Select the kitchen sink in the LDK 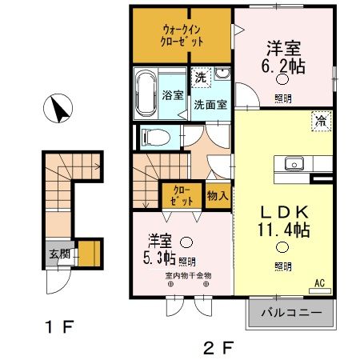coord(294,165)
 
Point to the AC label coord(319,282)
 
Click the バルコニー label coord(292,312)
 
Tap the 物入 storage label coord(218,194)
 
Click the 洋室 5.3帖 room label coord(159,249)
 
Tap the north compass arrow coord(59,109)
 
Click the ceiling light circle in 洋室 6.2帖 coord(282,79)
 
